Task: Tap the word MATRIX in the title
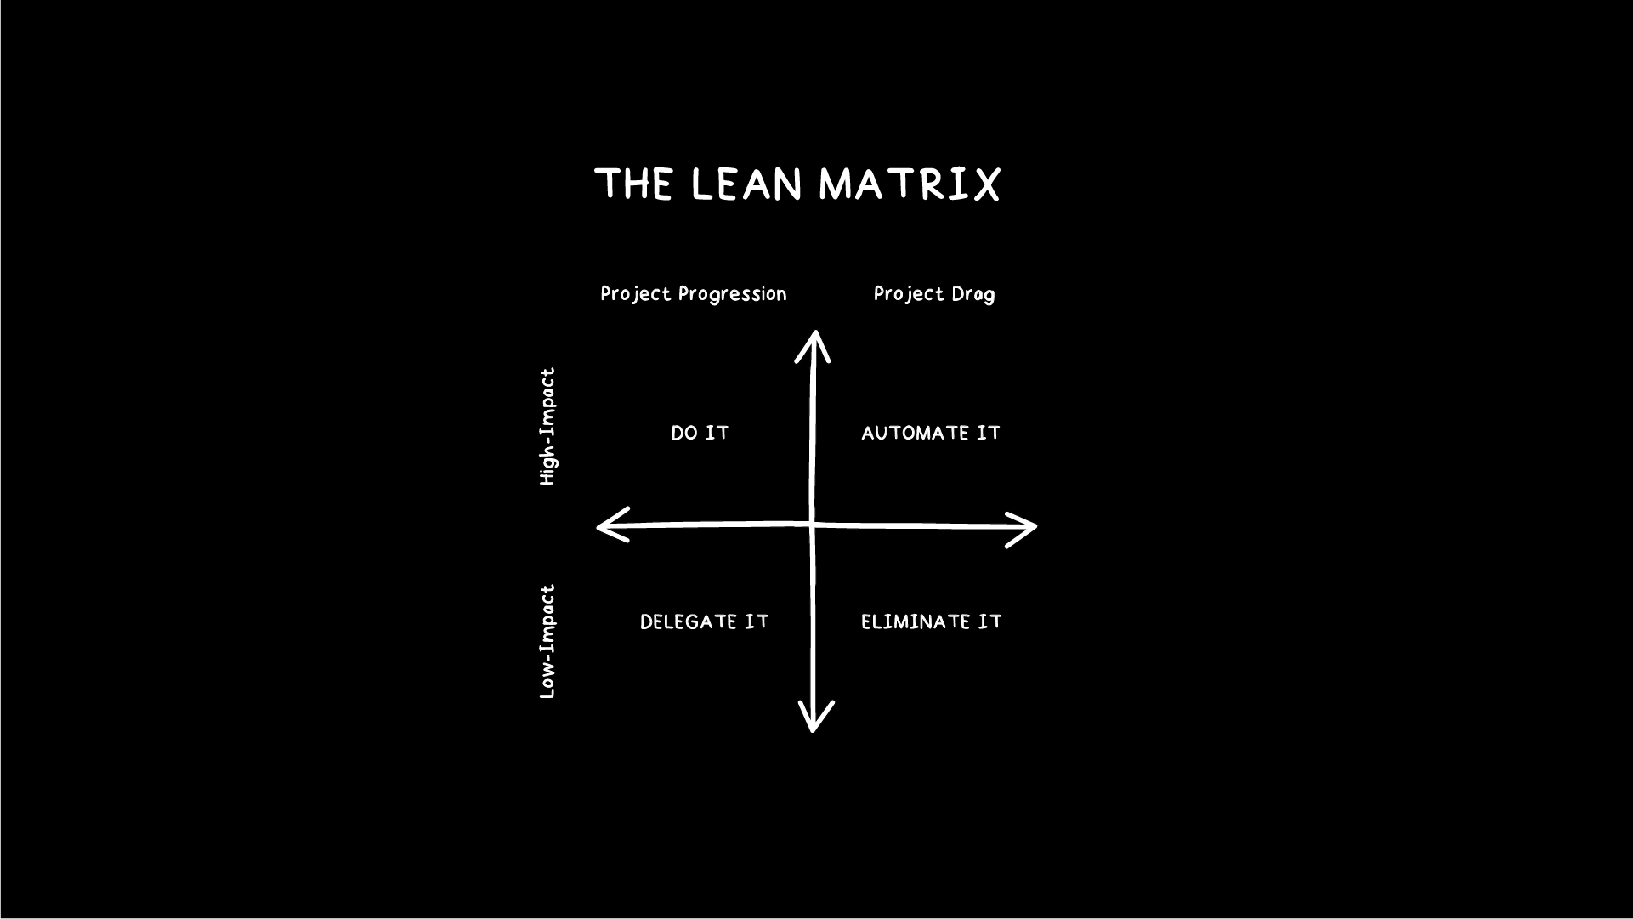point(909,184)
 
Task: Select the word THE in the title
point(634,184)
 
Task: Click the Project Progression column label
point(694,294)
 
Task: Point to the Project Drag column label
point(933,294)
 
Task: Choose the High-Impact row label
point(548,426)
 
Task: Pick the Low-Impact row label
point(548,642)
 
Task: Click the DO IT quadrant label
point(700,434)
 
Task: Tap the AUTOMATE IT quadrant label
point(931,434)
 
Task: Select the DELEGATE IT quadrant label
point(704,622)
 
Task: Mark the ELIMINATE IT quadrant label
point(931,622)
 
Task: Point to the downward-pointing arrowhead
point(814,719)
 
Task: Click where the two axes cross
point(813,525)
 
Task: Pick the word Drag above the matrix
point(973,294)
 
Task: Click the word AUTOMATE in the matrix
point(915,434)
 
